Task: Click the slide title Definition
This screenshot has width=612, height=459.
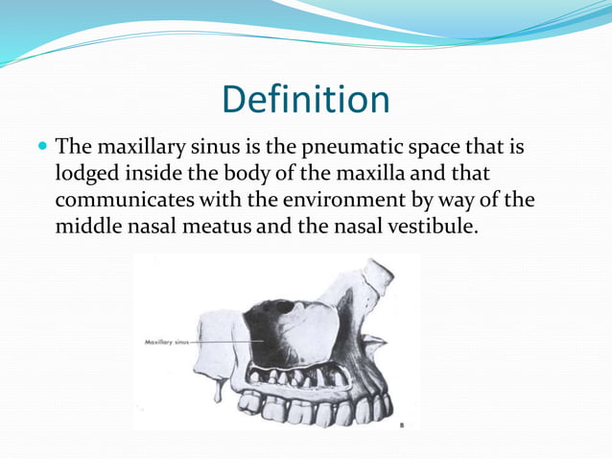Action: (305, 100)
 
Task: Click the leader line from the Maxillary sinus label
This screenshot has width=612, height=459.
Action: (225, 341)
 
